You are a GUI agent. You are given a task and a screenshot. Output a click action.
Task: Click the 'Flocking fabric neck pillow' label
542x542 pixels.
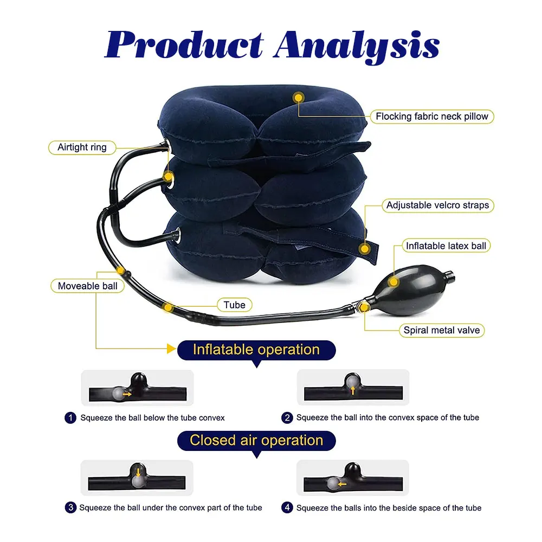pyautogui.click(x=432, y=116)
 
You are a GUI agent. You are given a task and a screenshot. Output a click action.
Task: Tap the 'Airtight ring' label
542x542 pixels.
pyautogui.click(x=82, y=147)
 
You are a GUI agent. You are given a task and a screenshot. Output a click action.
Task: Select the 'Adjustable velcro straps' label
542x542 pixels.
pyautogui.click(x=437, y=205)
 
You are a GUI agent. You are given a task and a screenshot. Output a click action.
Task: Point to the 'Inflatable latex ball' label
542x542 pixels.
pyautogui.click(x=446, y=246)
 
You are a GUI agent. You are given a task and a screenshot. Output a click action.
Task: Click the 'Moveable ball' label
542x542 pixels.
pyautogui.click(x=87, y=286)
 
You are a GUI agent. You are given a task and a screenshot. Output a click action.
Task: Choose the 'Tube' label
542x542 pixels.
pyautogui.click(x=234, y=305)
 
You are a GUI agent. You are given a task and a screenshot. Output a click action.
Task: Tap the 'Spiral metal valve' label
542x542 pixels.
pyautogui.click(x=441, y=330)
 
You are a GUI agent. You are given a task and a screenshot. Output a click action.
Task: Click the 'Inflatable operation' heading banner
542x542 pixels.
pyautogui.click(x=256, y=350)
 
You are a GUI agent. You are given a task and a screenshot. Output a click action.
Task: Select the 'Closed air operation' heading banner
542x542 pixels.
pyautogui.click(x=256, y=440)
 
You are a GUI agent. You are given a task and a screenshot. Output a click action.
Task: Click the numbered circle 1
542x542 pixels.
pyautogui.click(x=70, y=418)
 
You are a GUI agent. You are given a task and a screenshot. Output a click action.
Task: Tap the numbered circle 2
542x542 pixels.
pyautogui.click(x=287, y=418)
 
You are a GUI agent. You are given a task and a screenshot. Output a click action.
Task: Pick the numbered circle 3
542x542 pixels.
pyautogui.click(x=70, y=508)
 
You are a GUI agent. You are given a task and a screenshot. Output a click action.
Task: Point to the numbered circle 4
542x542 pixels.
pyautogui.click(x=287, y=508)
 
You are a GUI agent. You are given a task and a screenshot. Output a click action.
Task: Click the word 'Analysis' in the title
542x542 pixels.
pyautogui.click(x=356, y=46)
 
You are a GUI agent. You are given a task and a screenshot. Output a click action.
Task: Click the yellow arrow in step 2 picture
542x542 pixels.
pyautogui.click(x=353, y=389)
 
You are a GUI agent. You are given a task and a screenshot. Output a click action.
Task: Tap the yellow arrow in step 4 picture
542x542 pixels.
pyautogui.click(x=342, y=483)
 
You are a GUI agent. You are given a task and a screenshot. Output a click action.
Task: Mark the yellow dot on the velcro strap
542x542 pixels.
pyautogui.click(x=365, y=249)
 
